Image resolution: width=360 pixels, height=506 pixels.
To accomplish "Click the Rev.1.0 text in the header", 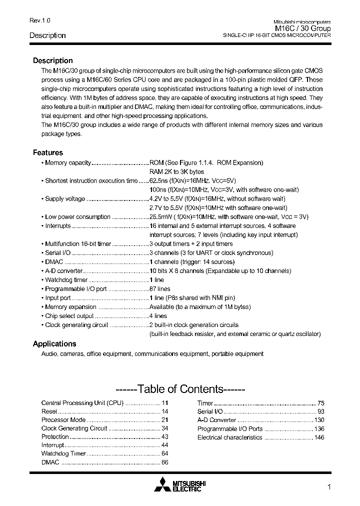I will tap(40, 20).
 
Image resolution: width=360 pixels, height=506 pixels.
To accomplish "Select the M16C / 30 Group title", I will tap(303, 29).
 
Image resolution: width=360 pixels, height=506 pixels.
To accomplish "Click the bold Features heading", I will tap(48, 152).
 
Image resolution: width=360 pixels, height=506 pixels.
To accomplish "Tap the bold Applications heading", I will tap(54, 343).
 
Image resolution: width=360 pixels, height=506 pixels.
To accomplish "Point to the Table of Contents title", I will tap(179, 389).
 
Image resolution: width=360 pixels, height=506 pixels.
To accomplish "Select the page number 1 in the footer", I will tap(329, 487).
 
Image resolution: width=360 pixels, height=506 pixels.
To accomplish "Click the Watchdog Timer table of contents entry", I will tap(63, 453).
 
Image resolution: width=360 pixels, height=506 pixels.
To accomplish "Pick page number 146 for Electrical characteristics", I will tap(319, 437).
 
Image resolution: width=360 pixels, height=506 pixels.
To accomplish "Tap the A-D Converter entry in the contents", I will tap(216, 420).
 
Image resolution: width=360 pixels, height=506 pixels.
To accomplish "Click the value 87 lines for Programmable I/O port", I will tap(160, 289).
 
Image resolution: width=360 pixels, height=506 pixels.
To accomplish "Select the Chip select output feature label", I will tap(69, 316).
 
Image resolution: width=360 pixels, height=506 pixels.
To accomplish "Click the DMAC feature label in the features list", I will tap(54, 262).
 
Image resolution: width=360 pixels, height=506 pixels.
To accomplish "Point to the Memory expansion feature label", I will tap(70, 307).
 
